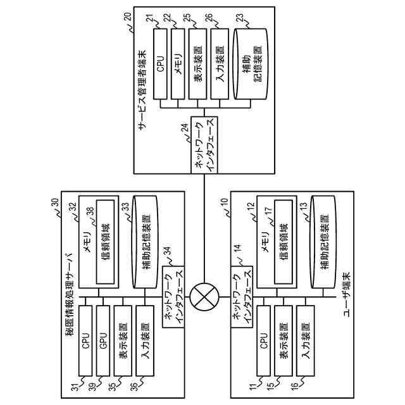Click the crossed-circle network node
pos(204,295)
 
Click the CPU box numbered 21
pos(160,66)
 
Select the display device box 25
pos(197,66)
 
